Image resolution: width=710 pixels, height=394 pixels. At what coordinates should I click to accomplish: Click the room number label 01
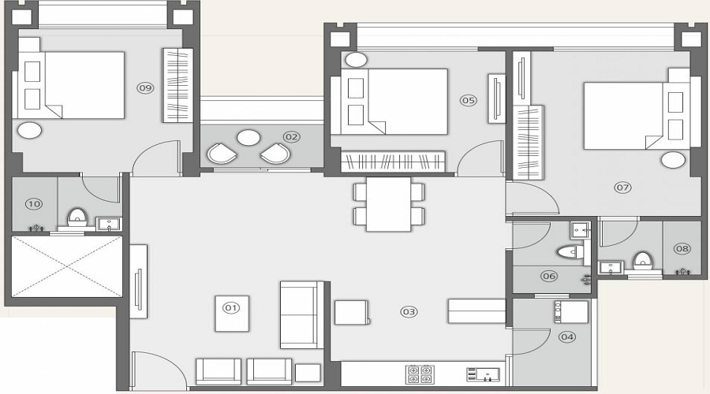click(x=231, y=307)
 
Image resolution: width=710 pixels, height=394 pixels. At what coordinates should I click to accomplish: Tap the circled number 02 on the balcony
click(x=292, y=136)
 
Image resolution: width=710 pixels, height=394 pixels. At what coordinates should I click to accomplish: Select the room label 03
click(x=409, y=311)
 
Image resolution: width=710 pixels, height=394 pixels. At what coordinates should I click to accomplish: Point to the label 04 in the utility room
click(x=566, y=336)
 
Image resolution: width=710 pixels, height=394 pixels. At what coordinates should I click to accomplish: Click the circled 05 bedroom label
click(x=469, y=100)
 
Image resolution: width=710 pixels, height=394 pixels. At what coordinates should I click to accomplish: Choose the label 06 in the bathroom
click(x=549, y=276)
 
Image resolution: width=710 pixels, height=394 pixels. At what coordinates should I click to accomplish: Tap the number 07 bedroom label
click(x=623, y=188)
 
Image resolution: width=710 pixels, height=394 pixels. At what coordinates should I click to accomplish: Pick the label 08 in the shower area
click(x=682, y=248)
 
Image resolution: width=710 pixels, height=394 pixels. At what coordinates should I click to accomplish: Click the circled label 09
click(x=144, y=87)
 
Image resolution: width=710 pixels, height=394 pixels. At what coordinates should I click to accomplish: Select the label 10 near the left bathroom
click(x=33, y=204)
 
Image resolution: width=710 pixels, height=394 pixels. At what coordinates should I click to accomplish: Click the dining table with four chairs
click(x=389, y=203)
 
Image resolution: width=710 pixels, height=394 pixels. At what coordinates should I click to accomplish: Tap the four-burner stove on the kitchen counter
click(x=419, y=374)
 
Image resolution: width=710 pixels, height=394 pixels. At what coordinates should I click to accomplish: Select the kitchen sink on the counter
click(x=482, y=374)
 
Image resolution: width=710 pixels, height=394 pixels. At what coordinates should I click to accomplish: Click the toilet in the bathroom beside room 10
click(x=77, y=216)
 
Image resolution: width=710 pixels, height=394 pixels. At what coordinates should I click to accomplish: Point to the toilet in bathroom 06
click(x=567, y=252)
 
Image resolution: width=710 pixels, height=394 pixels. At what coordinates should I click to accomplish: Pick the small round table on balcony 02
click(x=248, y=138)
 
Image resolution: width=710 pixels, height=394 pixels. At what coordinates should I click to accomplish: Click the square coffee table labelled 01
click(x=231, y=313)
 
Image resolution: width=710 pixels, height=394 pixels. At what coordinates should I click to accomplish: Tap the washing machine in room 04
click(x=572, y=312)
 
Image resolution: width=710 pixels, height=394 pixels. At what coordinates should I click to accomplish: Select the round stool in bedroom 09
click(x=30, y=131)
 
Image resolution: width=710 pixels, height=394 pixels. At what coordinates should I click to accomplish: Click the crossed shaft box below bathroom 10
click(x=67, y=266)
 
